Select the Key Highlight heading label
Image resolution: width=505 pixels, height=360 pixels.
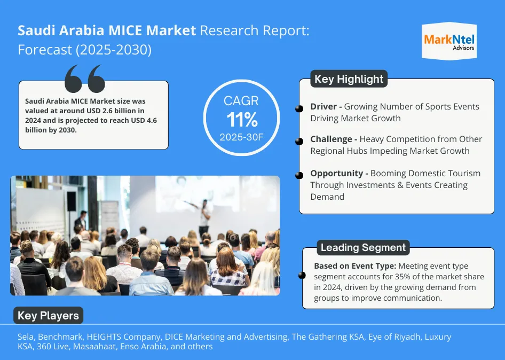[349, 79]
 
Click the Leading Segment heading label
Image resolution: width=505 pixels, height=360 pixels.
[363, 248]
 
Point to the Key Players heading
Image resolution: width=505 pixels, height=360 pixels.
[48, 316]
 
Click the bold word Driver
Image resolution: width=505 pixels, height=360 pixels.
[323, 107]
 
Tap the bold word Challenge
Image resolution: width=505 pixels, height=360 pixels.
[331, 139]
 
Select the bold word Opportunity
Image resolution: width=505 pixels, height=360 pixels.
[337, 174]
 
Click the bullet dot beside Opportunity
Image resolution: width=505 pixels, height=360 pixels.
[299, 175]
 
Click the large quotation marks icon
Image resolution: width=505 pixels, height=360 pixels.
[84, 79]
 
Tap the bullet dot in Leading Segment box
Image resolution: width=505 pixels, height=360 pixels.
[302, 276]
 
